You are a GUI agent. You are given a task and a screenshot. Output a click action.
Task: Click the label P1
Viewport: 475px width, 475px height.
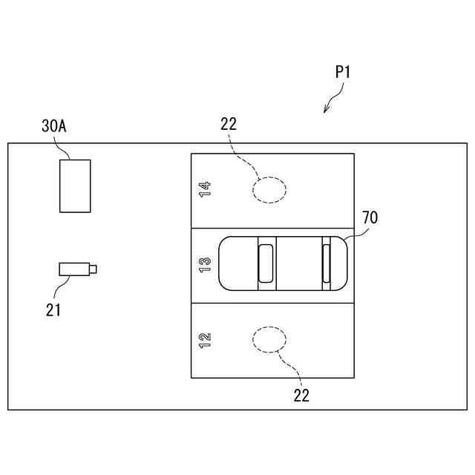tap(342, 72)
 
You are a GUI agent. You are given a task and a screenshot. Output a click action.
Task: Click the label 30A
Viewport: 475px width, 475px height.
tap(54, 126)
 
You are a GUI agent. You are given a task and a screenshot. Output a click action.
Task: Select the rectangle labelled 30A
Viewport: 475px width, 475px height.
tap(75, 186)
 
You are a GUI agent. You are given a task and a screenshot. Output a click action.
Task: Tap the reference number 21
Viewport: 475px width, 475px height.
tap(53, 309)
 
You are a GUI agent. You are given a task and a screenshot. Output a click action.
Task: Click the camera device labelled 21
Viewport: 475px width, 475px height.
tap(74, 269)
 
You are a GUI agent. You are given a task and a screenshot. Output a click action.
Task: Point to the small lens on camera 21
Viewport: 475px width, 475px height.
tap(94, 269)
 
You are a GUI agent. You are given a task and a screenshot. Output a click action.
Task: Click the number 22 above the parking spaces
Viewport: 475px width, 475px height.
tap(229, 124)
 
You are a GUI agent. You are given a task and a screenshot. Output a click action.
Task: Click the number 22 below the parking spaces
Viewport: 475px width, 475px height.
tap(301, 396)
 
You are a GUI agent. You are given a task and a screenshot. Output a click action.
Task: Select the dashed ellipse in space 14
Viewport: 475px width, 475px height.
tap(269, 189)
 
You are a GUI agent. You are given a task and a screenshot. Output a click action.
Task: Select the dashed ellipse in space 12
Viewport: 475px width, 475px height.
tap(269, 340)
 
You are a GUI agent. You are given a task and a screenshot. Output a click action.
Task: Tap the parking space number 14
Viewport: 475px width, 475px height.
tap(205, 189)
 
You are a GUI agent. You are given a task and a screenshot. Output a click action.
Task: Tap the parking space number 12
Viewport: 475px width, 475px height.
tap(205, 340)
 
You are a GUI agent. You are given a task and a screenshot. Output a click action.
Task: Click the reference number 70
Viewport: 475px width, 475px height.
tap(370, 217)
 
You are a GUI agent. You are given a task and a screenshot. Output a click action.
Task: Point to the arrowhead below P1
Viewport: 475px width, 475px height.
tap(326, 111)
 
